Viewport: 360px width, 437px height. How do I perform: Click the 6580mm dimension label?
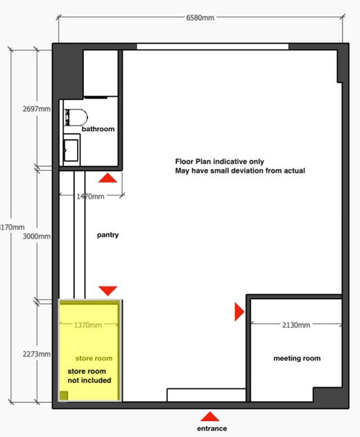(x=200, y=18)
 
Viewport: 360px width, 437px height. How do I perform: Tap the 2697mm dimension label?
(x=37, y=109)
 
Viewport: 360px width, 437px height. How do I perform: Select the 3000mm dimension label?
(x=37, y=237)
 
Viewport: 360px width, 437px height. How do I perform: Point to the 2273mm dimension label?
(x=37, y=354)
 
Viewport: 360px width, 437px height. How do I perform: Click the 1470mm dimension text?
(x=90, y=196)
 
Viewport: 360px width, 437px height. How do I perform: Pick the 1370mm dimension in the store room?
(x=88, y=325)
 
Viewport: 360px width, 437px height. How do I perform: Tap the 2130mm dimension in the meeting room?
(x=296, y=325)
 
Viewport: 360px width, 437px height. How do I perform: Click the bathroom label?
(x=98, y=129)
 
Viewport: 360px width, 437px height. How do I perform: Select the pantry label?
(x=108, y=235)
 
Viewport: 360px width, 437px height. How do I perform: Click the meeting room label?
(x=297, y=359)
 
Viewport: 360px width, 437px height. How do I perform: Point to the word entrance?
(x=212, y=429)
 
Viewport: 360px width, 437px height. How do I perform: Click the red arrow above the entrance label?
(x=210, y=416)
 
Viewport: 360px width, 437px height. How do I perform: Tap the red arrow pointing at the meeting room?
(x=239, y=312)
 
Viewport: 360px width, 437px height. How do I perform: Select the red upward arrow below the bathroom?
(x=108, y=178)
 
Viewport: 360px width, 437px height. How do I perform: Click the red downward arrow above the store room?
(x=108, y=291)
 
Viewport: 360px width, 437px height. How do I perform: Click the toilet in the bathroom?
(x=76, y=117)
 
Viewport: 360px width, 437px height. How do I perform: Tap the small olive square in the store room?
(x=64, y=396)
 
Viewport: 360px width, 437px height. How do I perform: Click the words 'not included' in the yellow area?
(x=89, y=380)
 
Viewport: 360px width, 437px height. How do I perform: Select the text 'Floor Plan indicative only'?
(x=220, y=162)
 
